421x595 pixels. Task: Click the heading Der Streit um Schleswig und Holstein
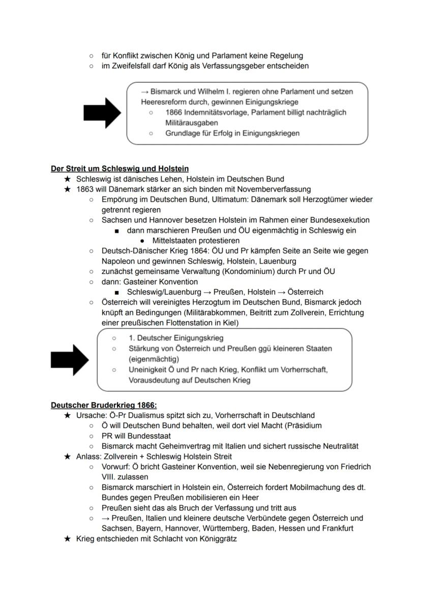coord(119,168)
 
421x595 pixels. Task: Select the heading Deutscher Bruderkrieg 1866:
coord(104,405)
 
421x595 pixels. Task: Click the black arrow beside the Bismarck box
coord(102,113)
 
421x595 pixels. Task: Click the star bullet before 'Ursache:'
coord(67,415)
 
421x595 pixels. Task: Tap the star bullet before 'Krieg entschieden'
coord(67,539)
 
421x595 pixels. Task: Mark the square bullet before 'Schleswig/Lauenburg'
coord(117,292)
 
